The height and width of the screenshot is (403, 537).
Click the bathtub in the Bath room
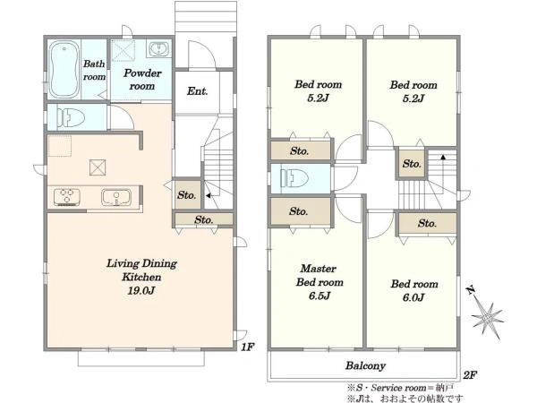[x=64, y=70]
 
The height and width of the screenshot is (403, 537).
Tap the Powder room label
[x=142, y=79]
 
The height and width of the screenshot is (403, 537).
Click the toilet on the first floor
[x=71, y=117]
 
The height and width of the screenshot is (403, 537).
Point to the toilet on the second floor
[x=294, y=178]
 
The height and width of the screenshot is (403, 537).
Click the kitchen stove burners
[x=67, y=197]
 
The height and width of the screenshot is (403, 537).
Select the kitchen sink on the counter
[x=116, y=197]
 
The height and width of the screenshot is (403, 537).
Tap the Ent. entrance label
[x=197, y=91]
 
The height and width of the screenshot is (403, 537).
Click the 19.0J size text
[x=141, y=291]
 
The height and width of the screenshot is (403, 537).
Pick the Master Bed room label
[x=319, y=275]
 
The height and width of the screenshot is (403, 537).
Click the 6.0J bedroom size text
[x=413, y=297]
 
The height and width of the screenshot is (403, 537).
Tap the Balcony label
[x=365, y=365]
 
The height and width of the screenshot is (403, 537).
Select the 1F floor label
[x=247, y=347]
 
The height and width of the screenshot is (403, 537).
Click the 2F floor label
[x=470, y=375]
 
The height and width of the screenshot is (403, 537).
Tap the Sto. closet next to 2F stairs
[x=412, y=164]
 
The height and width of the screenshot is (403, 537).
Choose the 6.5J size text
[x=320, y=296]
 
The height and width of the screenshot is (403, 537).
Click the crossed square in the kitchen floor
[x=98, y=167]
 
